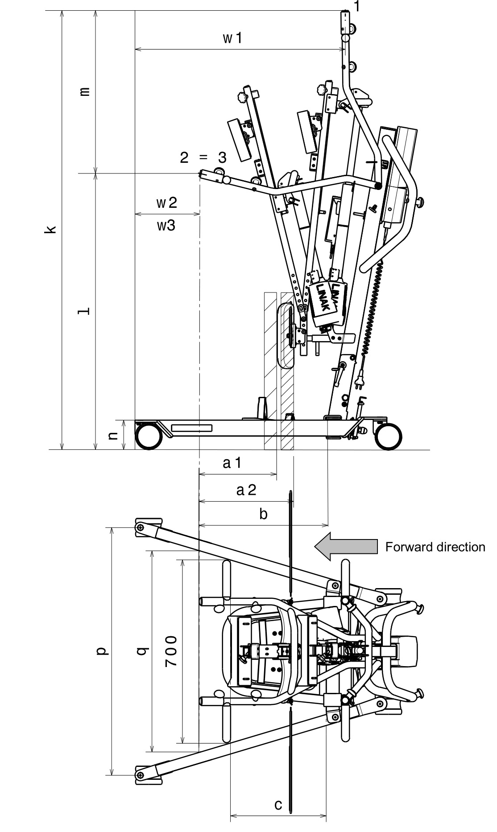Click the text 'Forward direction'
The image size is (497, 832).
[435, 547]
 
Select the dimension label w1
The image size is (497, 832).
[232, 38]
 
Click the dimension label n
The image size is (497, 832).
[114, 435]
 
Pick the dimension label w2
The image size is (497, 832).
[167, 202]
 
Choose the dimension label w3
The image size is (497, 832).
[166, 226]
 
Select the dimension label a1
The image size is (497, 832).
[232, 463]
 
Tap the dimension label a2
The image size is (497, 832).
[246, 490]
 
